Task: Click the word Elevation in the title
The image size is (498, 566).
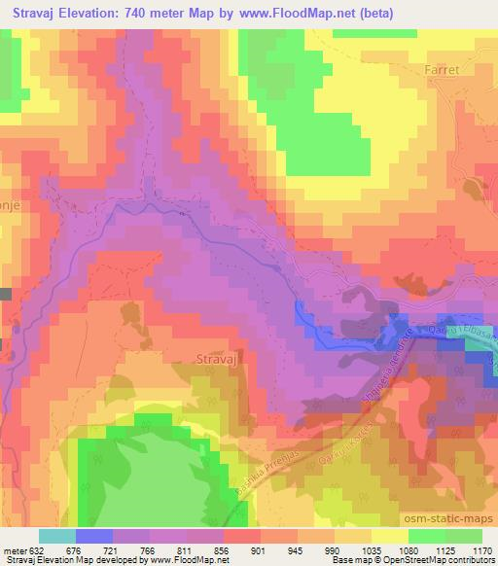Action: pos(105,15)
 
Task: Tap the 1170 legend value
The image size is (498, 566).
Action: pos(480,551)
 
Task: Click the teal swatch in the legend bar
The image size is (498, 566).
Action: pos(57,536)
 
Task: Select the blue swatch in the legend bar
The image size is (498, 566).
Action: pos(94,536)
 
